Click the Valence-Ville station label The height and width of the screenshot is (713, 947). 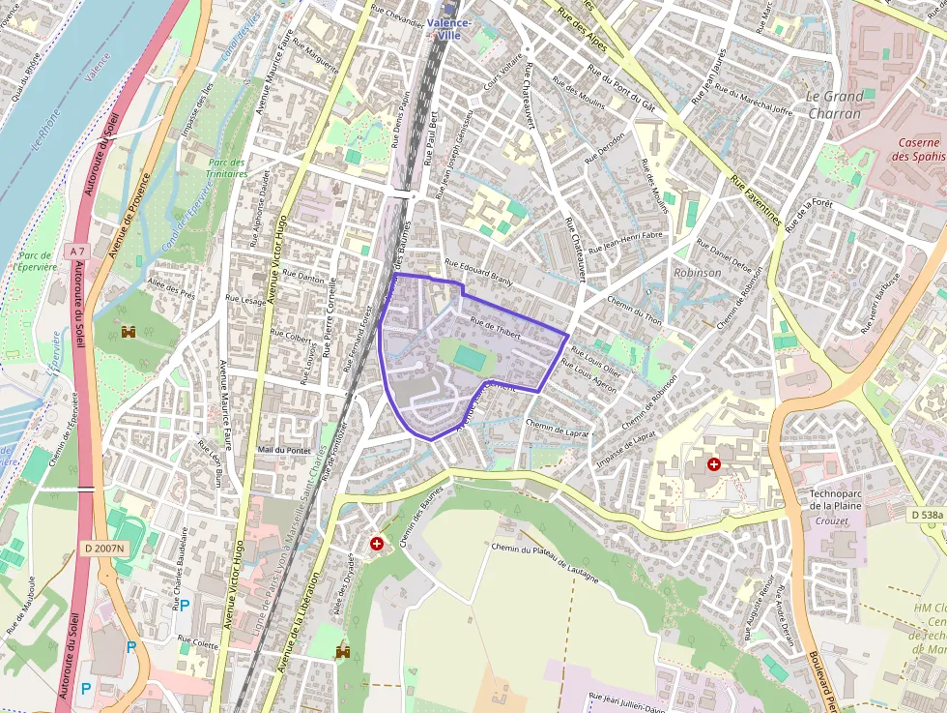click(x=449, y=28)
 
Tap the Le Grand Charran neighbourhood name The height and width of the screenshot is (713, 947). click(x=834, y=104)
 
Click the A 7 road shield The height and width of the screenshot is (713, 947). click(x=76, y=252)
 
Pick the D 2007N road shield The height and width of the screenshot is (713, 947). click(x=103, y=549)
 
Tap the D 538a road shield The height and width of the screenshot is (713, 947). click(x=927, y=516)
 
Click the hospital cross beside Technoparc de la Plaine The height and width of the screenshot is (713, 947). click(x=713, y=464)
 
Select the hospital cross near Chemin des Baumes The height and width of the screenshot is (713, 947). click(x=376, y=545)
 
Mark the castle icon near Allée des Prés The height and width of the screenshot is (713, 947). click(x=129, y=332)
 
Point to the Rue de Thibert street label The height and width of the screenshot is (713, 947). click(x=496, y=328)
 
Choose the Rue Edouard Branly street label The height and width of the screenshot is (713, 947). click(x=477, y=271)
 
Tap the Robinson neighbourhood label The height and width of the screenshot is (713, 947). click(x=698, y=273)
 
